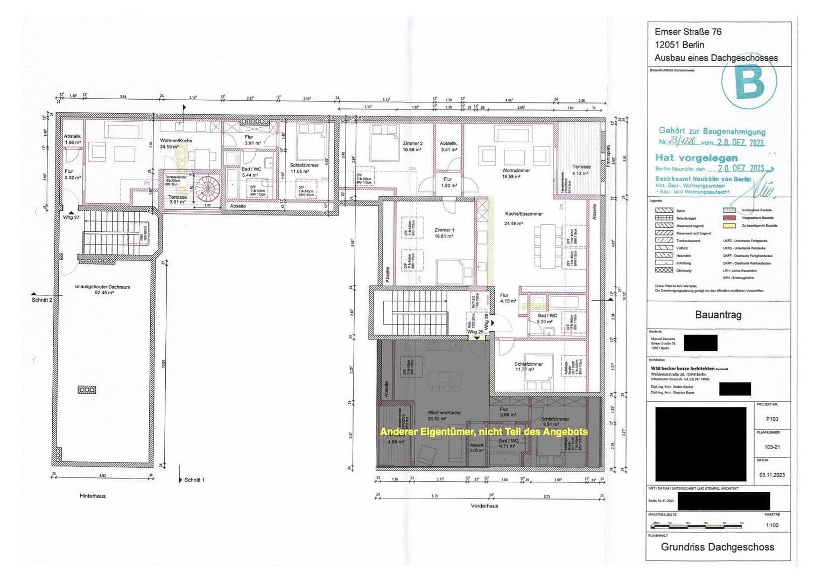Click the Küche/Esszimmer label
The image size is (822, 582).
click(x=523, y=214)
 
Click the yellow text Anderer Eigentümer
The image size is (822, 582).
click(x=483, y=432)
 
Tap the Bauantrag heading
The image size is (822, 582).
click(x=718, y=315)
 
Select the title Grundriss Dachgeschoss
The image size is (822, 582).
click(x=717, y=547)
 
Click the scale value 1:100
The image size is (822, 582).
click(x=771, y=525)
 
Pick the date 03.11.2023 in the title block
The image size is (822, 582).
click(x=771, y=475)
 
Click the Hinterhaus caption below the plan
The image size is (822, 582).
click(x=93, y=496)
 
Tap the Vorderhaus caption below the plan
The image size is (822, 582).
click(x=484, y=506)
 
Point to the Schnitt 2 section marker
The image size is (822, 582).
click(x=42, y=300)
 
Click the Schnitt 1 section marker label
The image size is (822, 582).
click(x=194, y=480)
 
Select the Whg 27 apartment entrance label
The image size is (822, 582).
click(x=71, y=217)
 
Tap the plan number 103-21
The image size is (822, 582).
click(x=771, y=447)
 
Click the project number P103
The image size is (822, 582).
click(x=771, y=419)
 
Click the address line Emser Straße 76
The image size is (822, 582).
click(x=688, y=32)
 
